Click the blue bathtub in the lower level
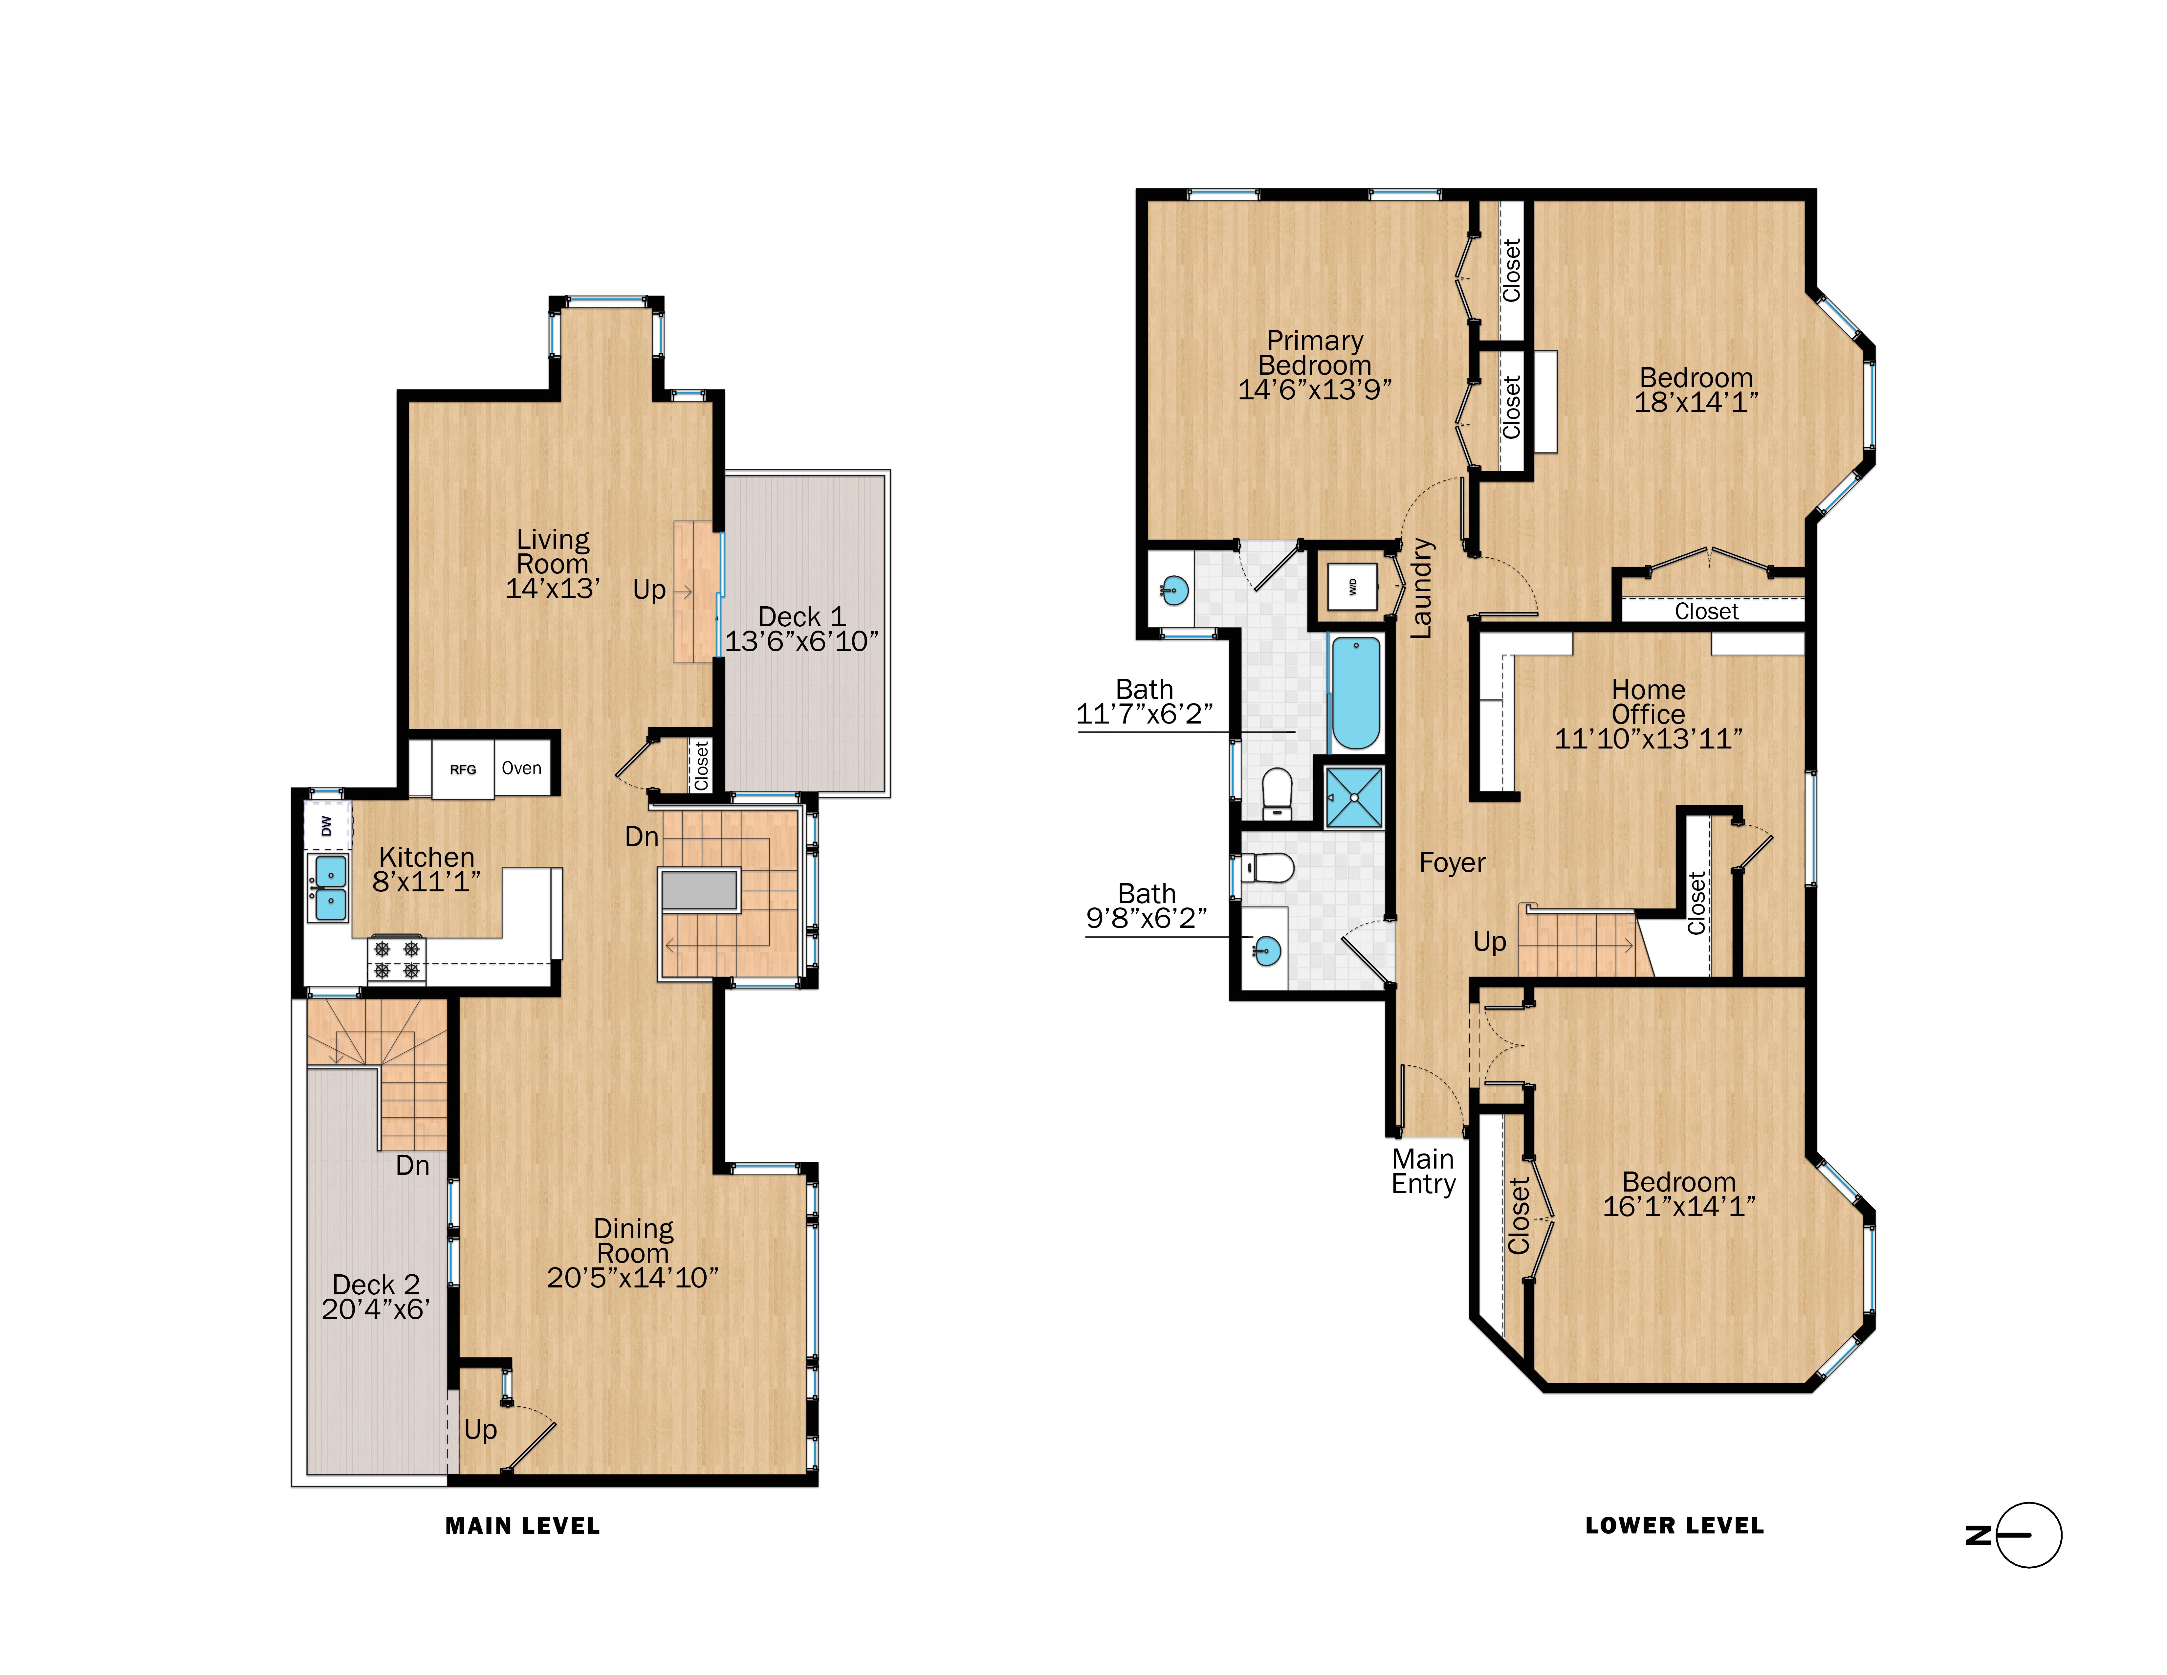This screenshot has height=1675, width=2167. click(x=1355, y=693)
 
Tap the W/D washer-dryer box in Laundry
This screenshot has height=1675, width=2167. click(x=1352, y=587)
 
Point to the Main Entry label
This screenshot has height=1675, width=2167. click(x=1423, y=1172)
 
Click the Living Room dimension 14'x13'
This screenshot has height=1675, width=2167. click(x=553, y=589)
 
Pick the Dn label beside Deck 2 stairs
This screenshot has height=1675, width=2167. click(x=413, y=1165)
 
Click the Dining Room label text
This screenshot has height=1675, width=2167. click(x=633, y=1241)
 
